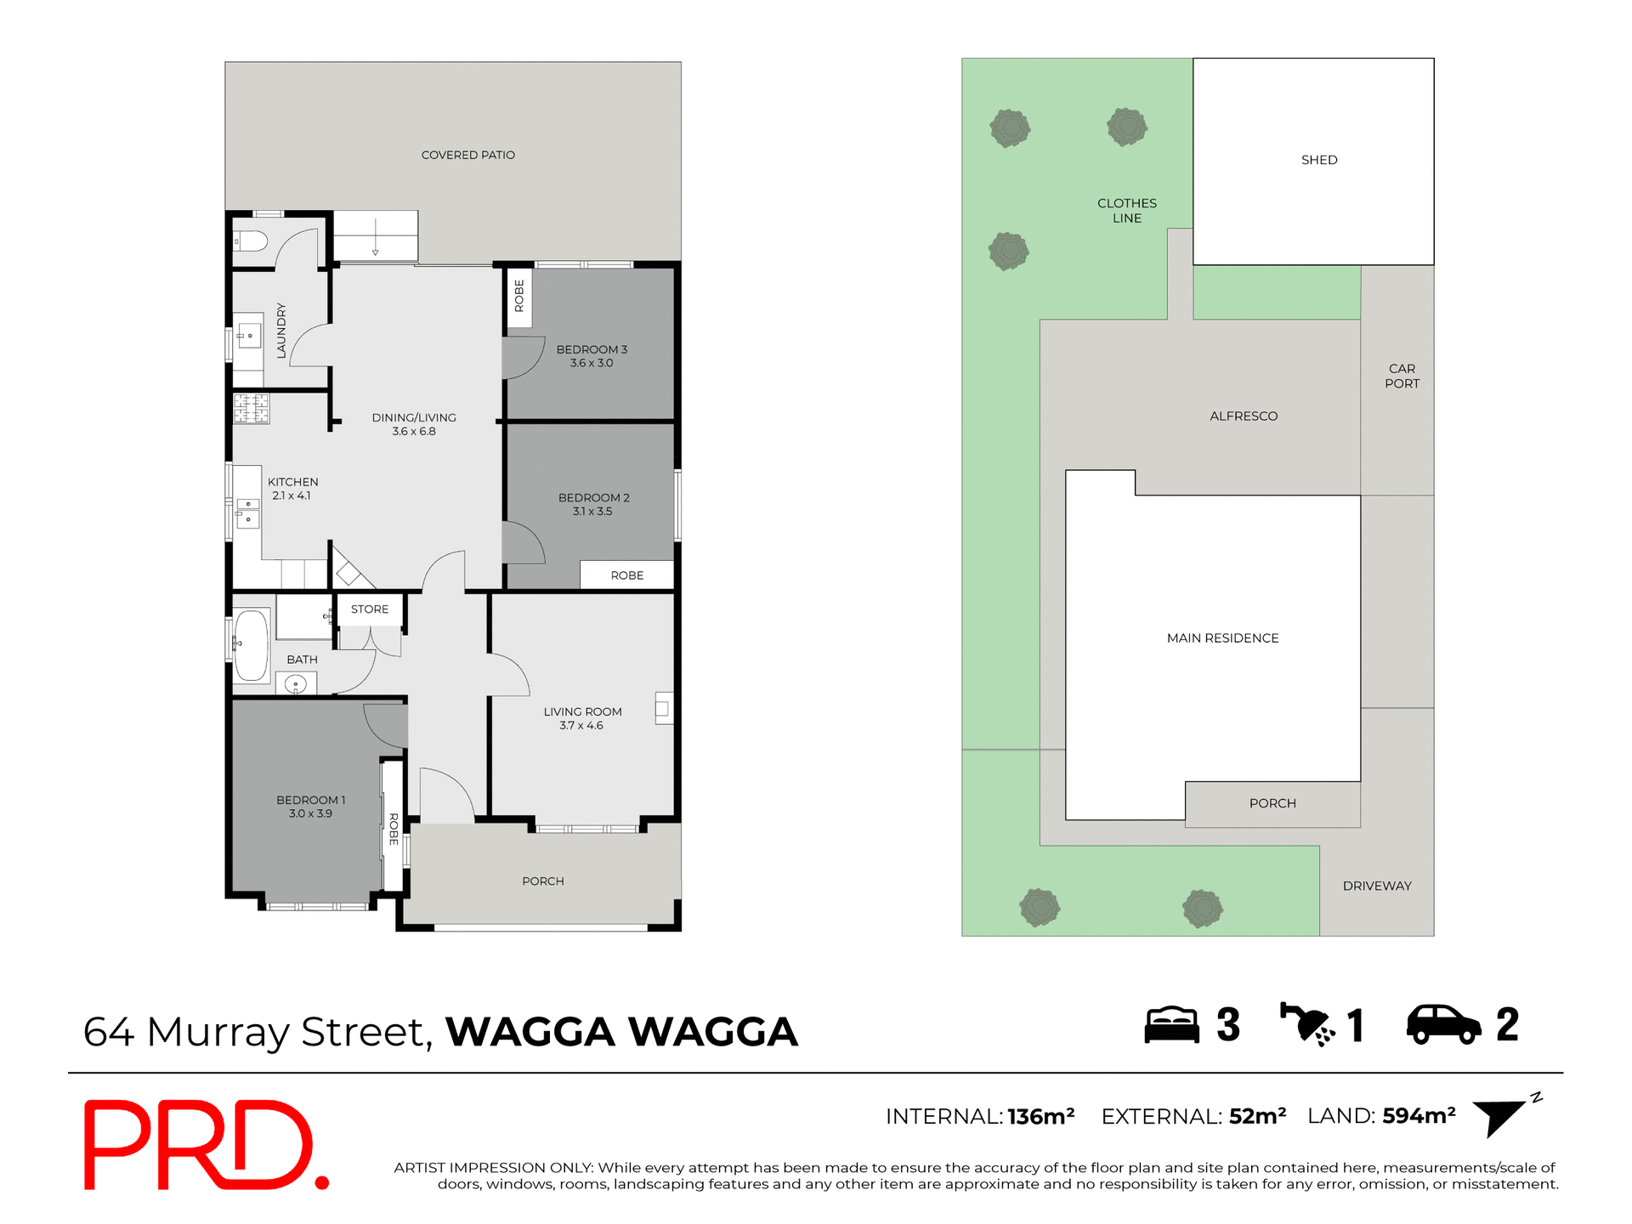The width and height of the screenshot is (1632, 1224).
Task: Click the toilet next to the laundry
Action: point(251,241)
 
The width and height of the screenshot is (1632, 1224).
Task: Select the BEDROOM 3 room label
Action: point(592,349)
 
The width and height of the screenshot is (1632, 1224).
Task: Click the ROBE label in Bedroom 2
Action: point(627,575)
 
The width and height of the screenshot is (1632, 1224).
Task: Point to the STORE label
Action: point(370,609)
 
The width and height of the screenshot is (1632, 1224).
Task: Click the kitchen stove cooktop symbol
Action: point(252,409)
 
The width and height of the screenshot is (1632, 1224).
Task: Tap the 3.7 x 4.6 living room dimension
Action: point(581,726)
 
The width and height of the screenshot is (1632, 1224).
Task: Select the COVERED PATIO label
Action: point(468,155)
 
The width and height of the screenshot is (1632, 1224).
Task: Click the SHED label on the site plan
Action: point(1319,160)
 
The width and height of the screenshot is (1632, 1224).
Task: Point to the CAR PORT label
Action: point(1402,376)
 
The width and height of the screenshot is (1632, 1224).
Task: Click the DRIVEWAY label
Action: point(1377,886)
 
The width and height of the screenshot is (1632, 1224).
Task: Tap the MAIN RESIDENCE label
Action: point(1222,638)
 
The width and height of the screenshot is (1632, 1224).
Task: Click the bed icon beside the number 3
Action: point(1171,1025)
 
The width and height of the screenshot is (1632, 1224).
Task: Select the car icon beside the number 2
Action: point(1443,1024)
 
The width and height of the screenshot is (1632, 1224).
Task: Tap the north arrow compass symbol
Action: point(1500,1116)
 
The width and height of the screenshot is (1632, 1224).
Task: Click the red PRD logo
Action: point(204,1145)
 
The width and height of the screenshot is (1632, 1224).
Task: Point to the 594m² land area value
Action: point(1419,1116)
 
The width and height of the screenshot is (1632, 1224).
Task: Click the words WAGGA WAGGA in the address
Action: point(621,1032)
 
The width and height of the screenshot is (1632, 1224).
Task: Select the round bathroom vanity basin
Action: point(296,683)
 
